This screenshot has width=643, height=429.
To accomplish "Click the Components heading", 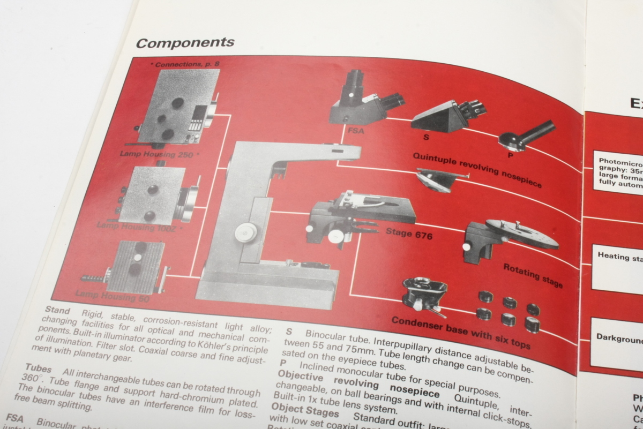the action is coord(185,43).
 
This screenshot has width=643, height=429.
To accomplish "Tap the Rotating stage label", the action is coord(533,275).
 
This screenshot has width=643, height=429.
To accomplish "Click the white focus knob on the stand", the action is coord(246,232).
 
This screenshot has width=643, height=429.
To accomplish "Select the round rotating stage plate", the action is coord(522,234).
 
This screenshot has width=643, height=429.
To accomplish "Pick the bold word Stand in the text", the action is coord(57,310).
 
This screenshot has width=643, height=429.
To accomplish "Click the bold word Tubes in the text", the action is coord(38,370).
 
